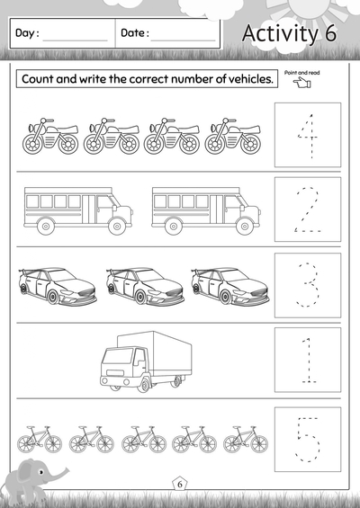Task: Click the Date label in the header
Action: pos(134,33)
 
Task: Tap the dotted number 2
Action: pos(308,210)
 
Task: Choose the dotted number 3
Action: pos(308,285)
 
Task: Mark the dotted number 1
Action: pos(308,359)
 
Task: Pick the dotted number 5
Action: pos(308,438)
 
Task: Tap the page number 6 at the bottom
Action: pos(179,485)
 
